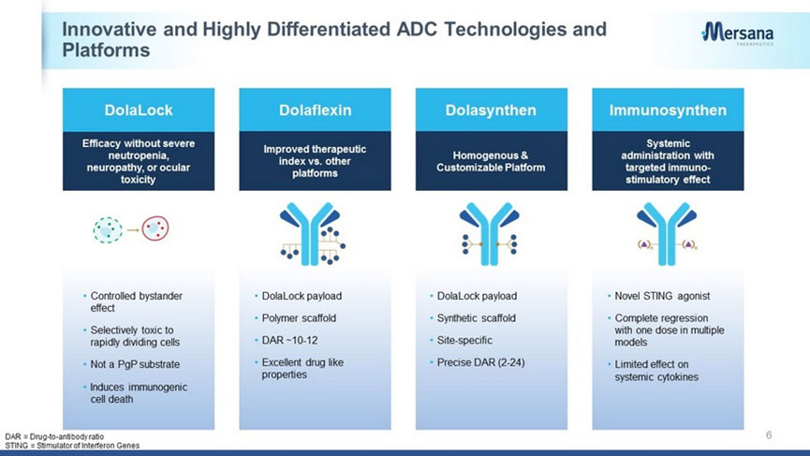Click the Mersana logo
(x=738, y=34)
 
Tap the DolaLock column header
(x=139, y=110)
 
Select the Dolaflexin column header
(x=316, y=110)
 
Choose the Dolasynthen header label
(x=491, y=110)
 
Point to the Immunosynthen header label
(x=668, y=110)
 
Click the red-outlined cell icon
(x=155, y=228)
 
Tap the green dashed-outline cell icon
(x=108, y=229)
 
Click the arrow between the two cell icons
(x=133, y=229)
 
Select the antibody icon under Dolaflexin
(x=313, y=233)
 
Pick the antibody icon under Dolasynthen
(x=489, y=233)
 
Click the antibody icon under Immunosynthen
(x=667, y=233)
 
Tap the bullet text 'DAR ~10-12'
(x=289, y=340)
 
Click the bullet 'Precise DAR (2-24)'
(x=480, y=362)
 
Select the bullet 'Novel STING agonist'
(x=662, y=296)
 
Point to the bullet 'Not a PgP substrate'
(x=135, y=364)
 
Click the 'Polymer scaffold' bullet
(x=299, y=318)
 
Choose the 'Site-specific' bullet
(x=464, y=340)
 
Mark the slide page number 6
(x=769, y=434)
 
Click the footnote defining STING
(x=72, y=445)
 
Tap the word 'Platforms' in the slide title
(x=106, y=50)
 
